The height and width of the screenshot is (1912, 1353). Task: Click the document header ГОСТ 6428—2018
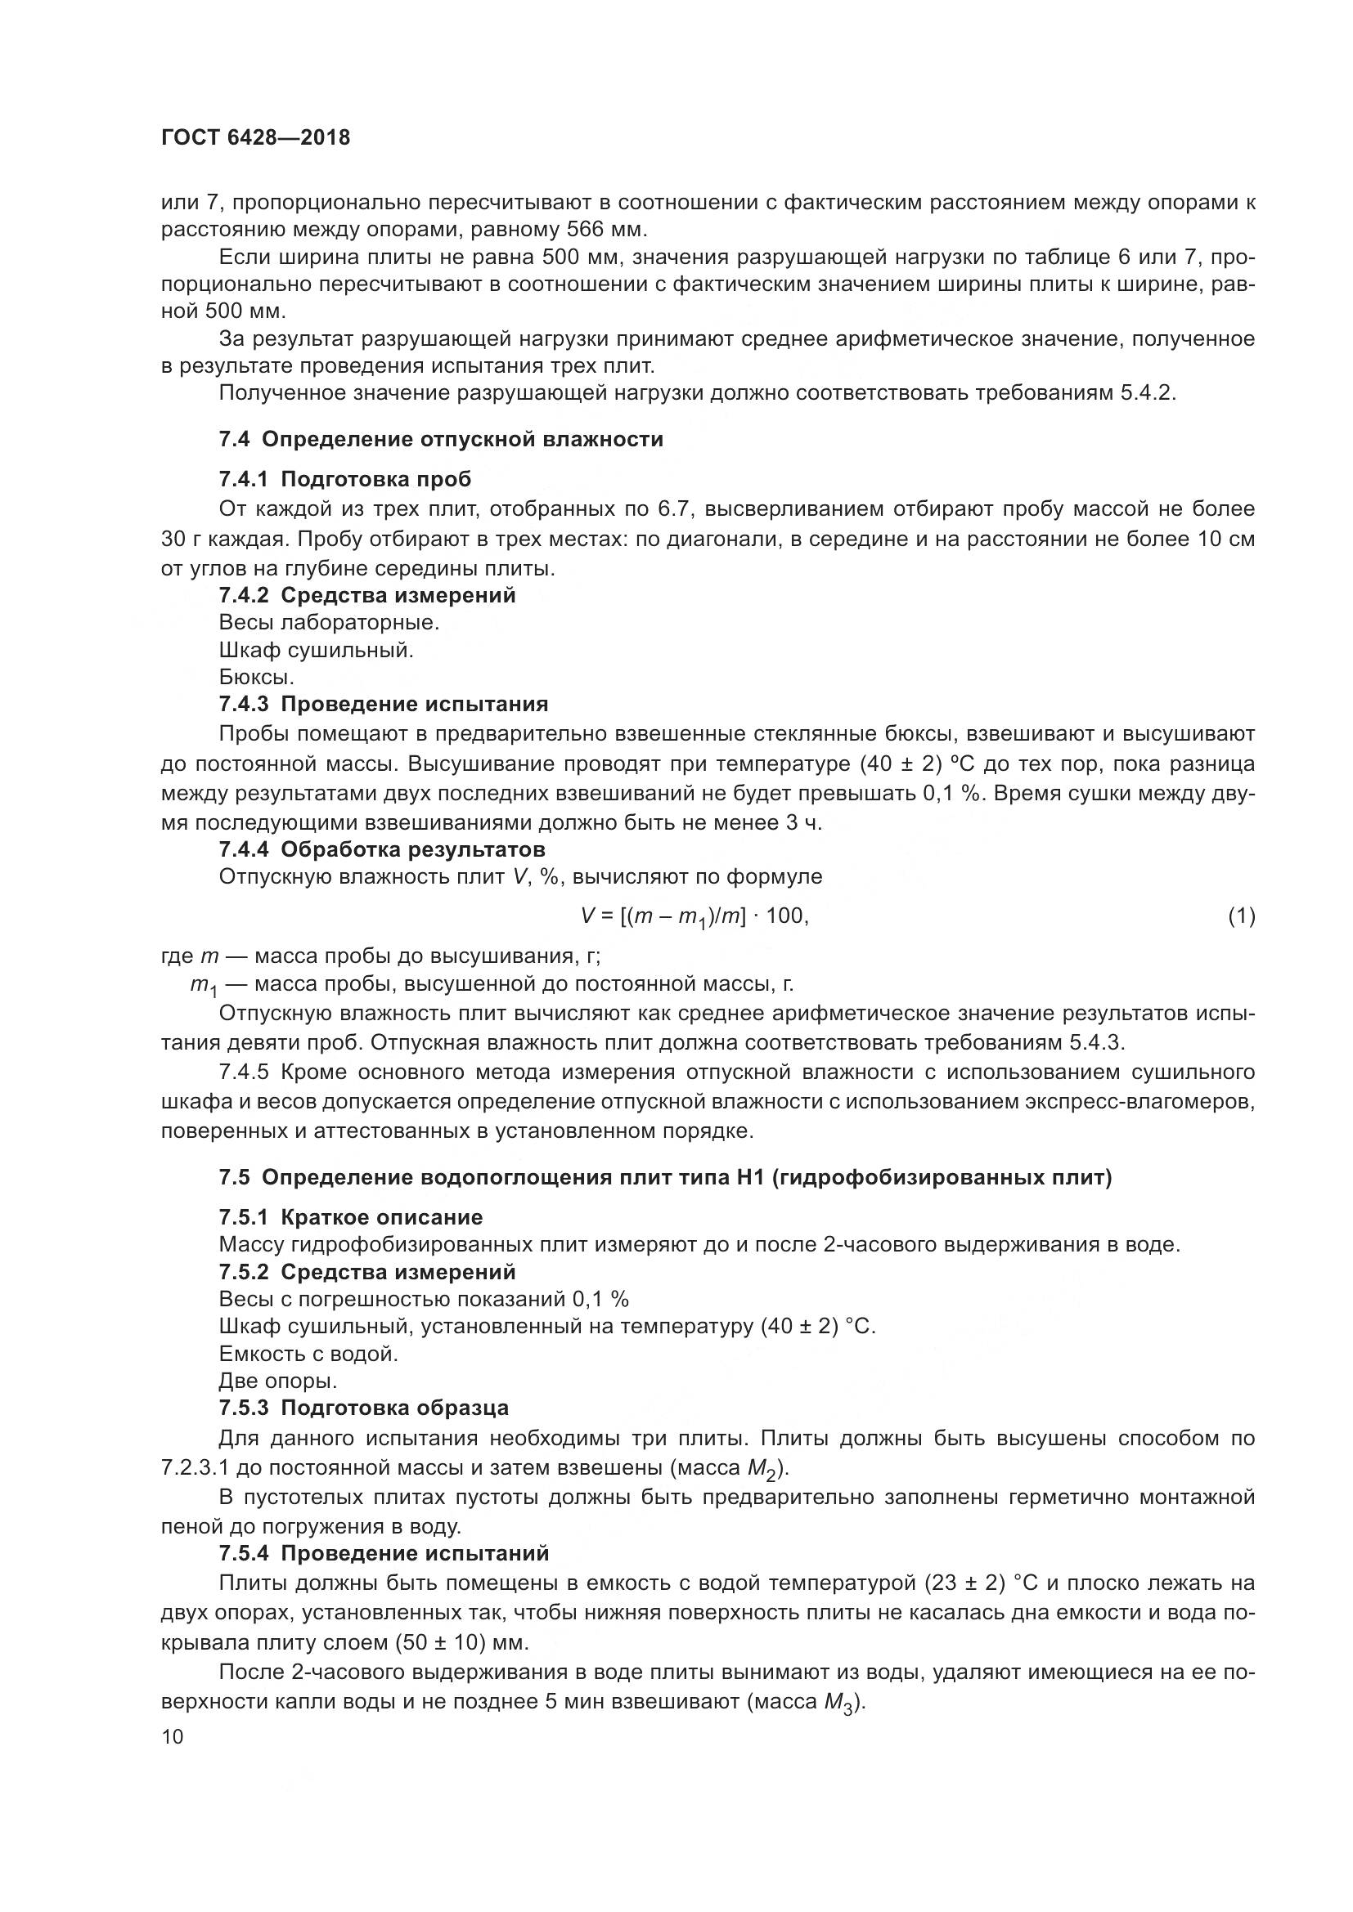coord(256,138)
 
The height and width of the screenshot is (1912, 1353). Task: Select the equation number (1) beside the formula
coord(1241,917)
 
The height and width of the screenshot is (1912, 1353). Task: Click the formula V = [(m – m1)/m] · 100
coord(694,917)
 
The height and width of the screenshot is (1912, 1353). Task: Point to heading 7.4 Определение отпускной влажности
coord(442,440)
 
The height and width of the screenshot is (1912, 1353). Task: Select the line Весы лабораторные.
coord(329,623)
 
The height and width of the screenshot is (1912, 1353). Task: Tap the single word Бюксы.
coord(257,678)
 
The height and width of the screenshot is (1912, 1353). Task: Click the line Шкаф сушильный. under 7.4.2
coord(317,651)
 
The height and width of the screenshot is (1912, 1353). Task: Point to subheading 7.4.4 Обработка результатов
coord(382,849)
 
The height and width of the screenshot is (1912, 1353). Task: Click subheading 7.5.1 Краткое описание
coord(351,1218)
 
